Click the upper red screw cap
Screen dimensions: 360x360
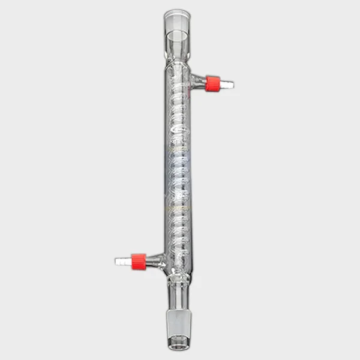click(x=212, y=83)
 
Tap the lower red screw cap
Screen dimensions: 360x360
click(x=138, y=260)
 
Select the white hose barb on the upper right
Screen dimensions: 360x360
click(x=227, y=85)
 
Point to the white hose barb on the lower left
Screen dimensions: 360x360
click(x=122, y=262)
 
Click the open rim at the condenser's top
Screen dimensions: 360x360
click(x=175, y=13)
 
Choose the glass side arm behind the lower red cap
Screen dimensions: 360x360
click(x=155, y=259)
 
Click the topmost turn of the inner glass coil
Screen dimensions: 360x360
click(x=176, y=81)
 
